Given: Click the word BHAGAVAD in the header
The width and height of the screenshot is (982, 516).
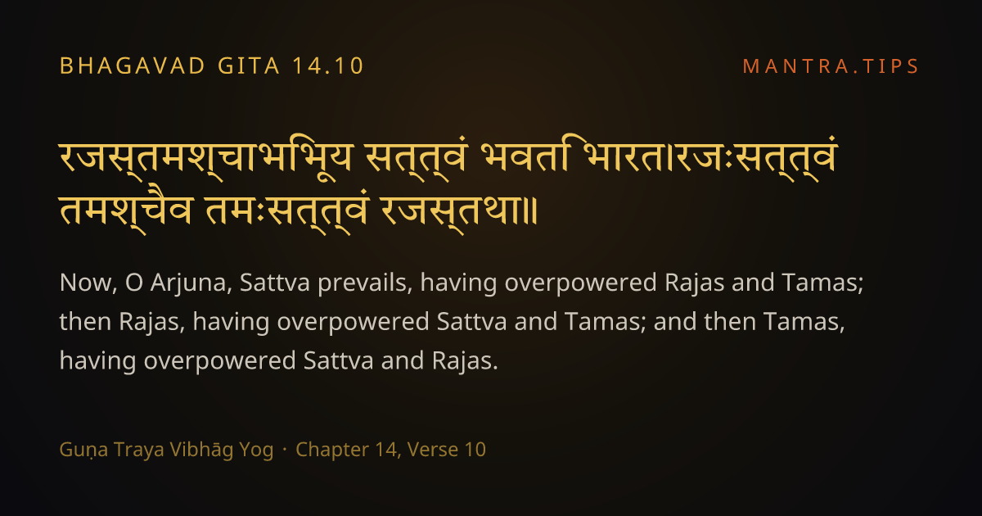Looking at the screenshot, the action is (x=133, y=66).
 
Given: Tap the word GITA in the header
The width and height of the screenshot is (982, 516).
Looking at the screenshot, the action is (x=249, y=66).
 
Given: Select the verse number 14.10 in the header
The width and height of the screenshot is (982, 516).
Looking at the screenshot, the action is (x=328, y=66).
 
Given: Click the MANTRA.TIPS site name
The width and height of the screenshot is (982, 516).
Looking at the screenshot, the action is (x=831, y=66).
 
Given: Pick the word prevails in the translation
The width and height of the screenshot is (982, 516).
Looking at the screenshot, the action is (x=365, y=283).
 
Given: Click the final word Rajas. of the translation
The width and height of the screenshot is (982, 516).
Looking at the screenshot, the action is (x=465, y=361).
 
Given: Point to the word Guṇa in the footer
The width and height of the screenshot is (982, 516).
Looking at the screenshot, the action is (x=83, y=450).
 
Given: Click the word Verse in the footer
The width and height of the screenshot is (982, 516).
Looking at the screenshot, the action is (x=433, y=450).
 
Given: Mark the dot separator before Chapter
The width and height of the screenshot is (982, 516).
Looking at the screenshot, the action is (x=285, y=450).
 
